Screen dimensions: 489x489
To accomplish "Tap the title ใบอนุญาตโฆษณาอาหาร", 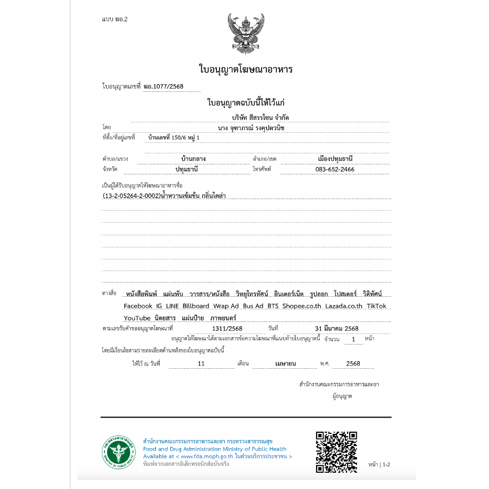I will pos(245,69).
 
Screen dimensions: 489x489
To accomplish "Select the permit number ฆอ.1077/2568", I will pos(163,87).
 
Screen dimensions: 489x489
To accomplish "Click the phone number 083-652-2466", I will pos(335,170).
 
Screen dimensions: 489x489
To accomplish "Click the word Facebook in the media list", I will pos(138,306).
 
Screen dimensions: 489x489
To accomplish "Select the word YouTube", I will pos(137,318).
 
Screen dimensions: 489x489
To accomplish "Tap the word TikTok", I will pos(376,306).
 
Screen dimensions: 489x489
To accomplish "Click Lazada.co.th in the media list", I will pos(344,306).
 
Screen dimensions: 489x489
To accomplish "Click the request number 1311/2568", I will pos(223,329).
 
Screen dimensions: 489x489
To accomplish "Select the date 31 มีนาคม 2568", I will pos(337,329).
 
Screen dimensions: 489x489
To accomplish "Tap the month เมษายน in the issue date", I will pos(286,363).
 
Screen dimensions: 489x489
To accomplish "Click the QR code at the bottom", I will pos(336,452).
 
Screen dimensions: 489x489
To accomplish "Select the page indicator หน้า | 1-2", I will pos(379,465).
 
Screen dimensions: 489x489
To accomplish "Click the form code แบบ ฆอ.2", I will pos(115,19).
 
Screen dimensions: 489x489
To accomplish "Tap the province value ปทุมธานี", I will pos(186,170).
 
